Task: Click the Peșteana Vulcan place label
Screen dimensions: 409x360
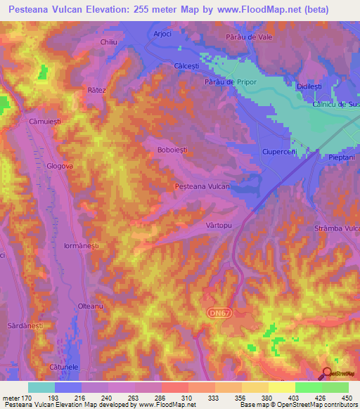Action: point(202,186)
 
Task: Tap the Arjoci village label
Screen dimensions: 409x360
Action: point(162,34)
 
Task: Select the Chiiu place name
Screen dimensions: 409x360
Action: point(108,42)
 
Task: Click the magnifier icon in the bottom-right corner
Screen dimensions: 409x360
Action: point(327,373)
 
